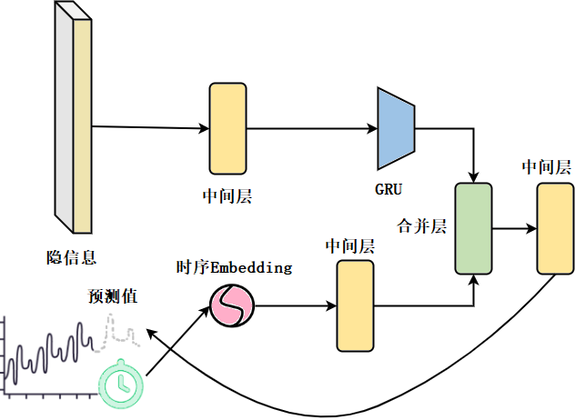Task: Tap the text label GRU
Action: pyautogui.click(x=388, y=190)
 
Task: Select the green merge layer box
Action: pyautogui.click(x=473, y=227)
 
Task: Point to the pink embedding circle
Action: pyautogui.click(x=231, y=305)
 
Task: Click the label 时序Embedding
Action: pyautogui.click(x=235, y=267)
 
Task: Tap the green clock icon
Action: pyautogui.click(x=119, y=384)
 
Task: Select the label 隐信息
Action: pyautogui.click(x=72, y=256)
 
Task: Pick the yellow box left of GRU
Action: pyautogui.click(x=227, y=128)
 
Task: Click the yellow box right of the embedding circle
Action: pyautogui.click(x=355, y=305)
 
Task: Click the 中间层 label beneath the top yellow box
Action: pyautogui.click(x=227, y=195)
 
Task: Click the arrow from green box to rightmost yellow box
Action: pyautogui.click(x=514, y=227)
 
